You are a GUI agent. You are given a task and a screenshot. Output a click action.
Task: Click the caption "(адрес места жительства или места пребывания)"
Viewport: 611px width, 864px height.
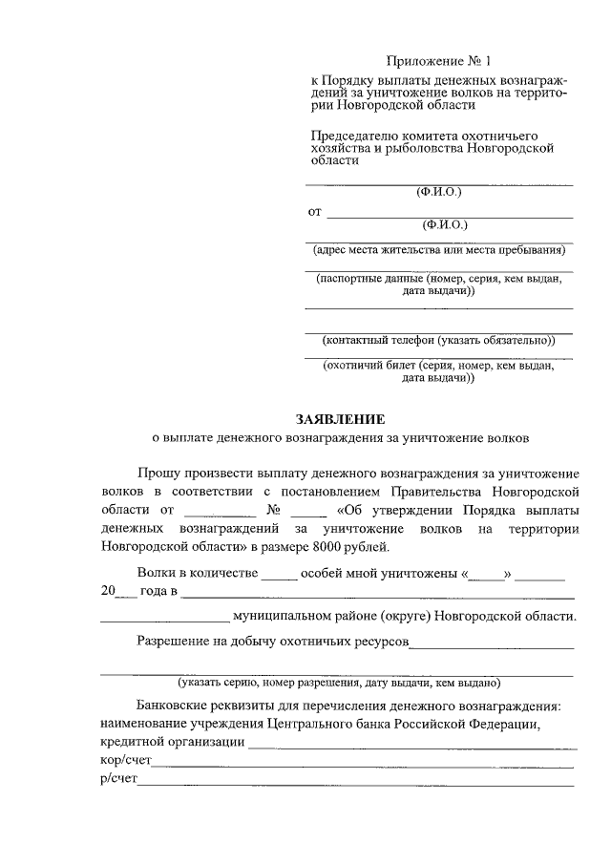tap(439, 251)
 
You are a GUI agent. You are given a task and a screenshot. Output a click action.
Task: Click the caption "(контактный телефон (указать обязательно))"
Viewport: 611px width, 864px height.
tap(439, 340)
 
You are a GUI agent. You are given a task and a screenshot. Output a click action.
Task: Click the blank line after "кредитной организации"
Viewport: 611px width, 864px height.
tap(412, 744)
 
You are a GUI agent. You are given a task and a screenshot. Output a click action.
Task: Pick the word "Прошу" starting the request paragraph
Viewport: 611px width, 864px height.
tap(159, 473)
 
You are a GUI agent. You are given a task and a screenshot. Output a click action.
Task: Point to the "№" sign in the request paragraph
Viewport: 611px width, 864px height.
tap(275, 509)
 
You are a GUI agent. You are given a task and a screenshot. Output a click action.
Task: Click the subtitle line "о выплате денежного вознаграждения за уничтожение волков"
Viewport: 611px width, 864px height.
tap(341, 438)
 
